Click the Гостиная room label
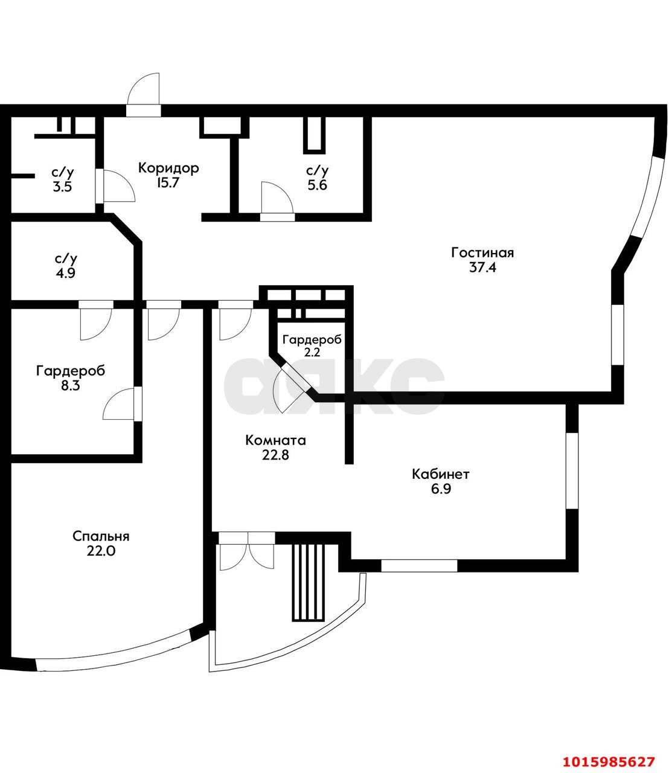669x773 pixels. pyautogui.click(x=482, y=252)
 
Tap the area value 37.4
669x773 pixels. pyautogui.click(x=482, y=268)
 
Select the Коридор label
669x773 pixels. pyautogui.click(x=168, y=168)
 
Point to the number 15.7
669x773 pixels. pyautogui.click(x=168, y=184)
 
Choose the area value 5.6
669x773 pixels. pyautogui.click(x=318, y=186)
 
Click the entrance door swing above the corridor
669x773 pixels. pyautogui.click(x=144, y=89)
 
